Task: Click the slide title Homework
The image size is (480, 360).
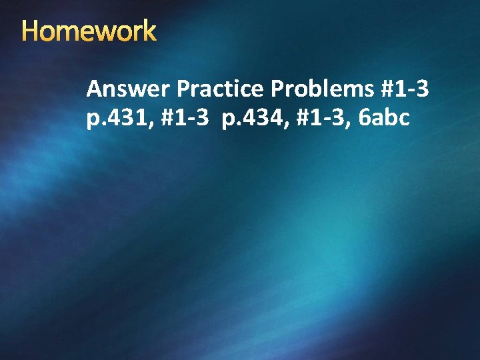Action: [89, 31]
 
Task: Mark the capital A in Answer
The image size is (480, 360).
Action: [94, 89]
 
